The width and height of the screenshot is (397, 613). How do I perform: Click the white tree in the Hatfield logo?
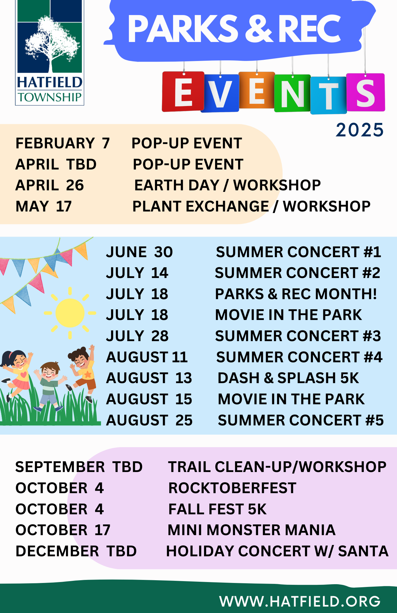(x=52, y=43)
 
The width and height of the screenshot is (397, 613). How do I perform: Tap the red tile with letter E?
(x=183, y=91)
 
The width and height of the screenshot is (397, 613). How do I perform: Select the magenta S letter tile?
(x=365, y=92)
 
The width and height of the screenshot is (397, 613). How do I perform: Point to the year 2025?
(x=360, y=130)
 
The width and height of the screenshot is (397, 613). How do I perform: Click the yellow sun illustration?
(x=70, y=313)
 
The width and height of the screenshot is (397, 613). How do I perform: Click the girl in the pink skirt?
(x=17, y=374)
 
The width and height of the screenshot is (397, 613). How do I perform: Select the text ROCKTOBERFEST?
(x=232, y=488)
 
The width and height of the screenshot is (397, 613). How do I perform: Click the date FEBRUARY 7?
(x=63, y=143)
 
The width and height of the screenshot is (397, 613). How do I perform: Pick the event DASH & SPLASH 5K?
(x=288, y=378)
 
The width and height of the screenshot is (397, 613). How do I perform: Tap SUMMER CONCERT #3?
(x=298, y=336)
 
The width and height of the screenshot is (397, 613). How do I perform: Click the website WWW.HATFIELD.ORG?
(x=300, y=601)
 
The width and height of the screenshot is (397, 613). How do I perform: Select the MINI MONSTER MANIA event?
(x=252, y=530)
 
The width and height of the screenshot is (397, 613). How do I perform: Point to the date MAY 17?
(x=44, y=206)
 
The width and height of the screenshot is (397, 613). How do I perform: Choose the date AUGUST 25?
(x=149, y=420)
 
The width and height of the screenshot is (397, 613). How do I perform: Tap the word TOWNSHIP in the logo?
(x=50, y=97)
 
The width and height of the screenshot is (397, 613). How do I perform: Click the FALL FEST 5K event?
(x=218, y=509)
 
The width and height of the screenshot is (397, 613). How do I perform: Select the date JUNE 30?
(x=139, y=252)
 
